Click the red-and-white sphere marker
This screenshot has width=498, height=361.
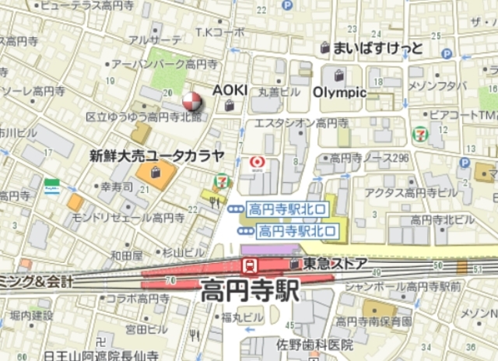click(x=191, y=101)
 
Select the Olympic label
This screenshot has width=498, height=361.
click(x=339, y=92)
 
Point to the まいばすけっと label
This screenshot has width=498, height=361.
click(x=377, y=48)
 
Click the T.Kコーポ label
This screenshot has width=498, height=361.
click(x=219, y=33)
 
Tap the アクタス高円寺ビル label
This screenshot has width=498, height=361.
click(x=415, y=192)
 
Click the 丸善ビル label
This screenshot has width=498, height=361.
click(x=279, y=92)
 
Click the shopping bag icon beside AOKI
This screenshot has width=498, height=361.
click(x=229, y=105)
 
